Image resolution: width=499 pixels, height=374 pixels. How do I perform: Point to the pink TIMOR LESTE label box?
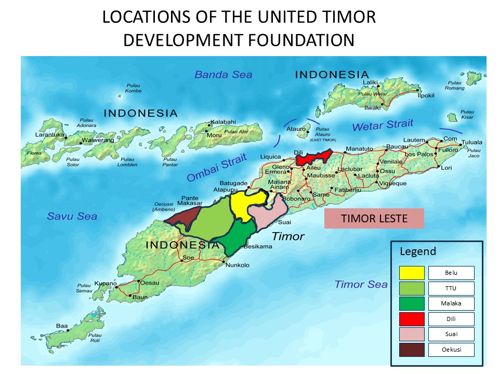click(374, 219)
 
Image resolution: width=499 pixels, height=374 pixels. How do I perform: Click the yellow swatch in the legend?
click(412, 273)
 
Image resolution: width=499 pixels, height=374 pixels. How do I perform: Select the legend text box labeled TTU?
click(451, 288)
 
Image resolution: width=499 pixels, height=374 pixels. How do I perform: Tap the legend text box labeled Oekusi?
click(451, 350)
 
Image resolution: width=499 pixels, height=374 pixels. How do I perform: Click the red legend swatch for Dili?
click(412, 319)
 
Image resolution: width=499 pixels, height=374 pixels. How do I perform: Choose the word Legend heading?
click(418, 252)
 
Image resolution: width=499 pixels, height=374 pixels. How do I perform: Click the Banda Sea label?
click(223, 75)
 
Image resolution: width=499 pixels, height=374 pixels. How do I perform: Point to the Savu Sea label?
click(72, 216)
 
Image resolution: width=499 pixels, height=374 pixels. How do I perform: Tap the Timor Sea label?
click(361, 284)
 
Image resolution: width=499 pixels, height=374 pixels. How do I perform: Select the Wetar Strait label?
click(383, 125)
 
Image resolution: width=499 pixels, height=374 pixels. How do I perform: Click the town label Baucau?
click(398, 148)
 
